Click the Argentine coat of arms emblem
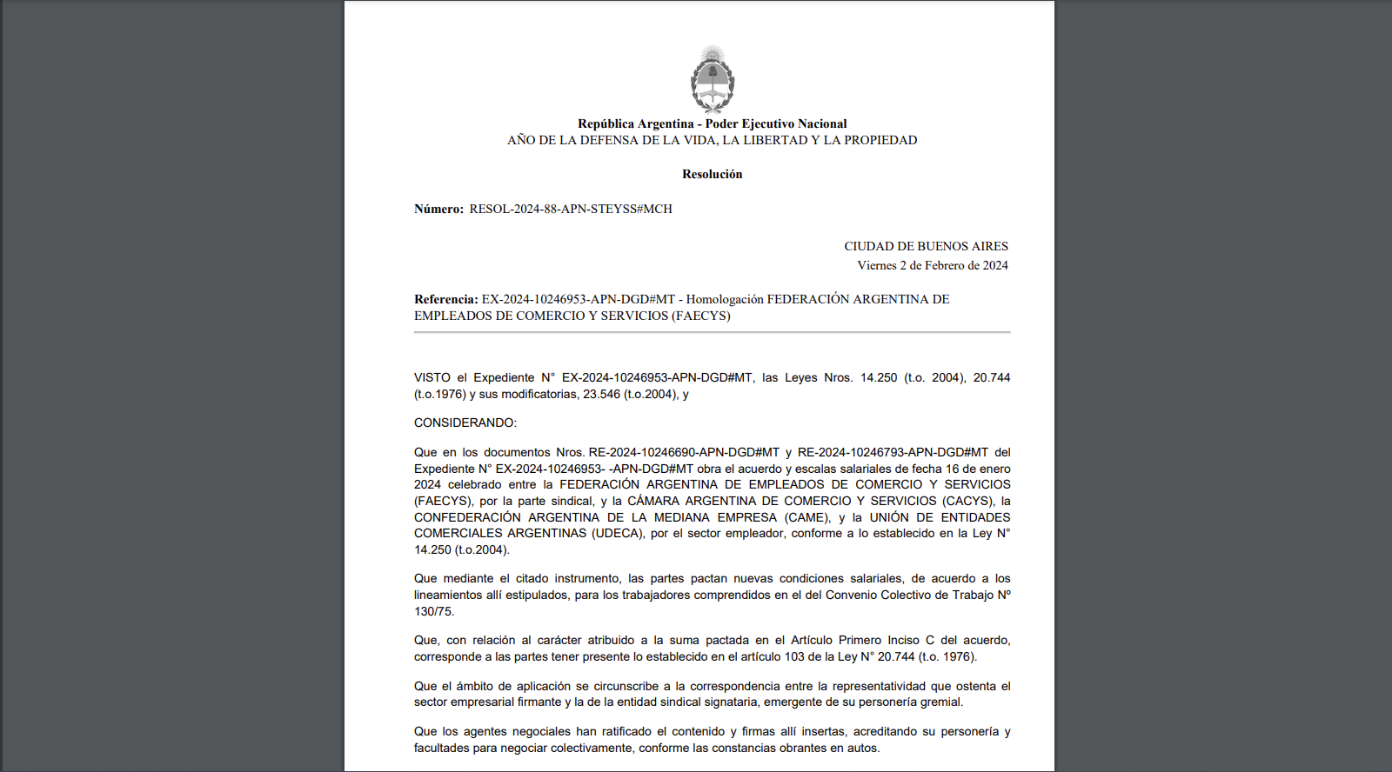(x=713, y=79)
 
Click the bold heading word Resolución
(x=712, y=175)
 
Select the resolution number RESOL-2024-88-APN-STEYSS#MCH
(x=571, y=210)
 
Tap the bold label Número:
(x=438, y=210)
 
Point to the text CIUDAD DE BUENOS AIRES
(x=926, y=247)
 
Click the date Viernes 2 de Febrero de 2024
(x=932, y=266)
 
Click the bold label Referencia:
(x=445, y=300)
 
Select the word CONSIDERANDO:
(x=465, y=423)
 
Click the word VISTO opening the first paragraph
(x=432, y=378)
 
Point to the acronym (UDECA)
(x=618, y=534)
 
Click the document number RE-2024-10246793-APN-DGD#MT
(x=893, y=453)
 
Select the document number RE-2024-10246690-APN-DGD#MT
(x=684, y=453)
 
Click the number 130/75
(x=433, y=612)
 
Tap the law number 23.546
(x=601, y=395)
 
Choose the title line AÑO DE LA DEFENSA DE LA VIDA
(x=712, y=141)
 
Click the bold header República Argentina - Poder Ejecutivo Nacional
(x=712, y=124)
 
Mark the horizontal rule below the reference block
(x=712, y=332)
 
